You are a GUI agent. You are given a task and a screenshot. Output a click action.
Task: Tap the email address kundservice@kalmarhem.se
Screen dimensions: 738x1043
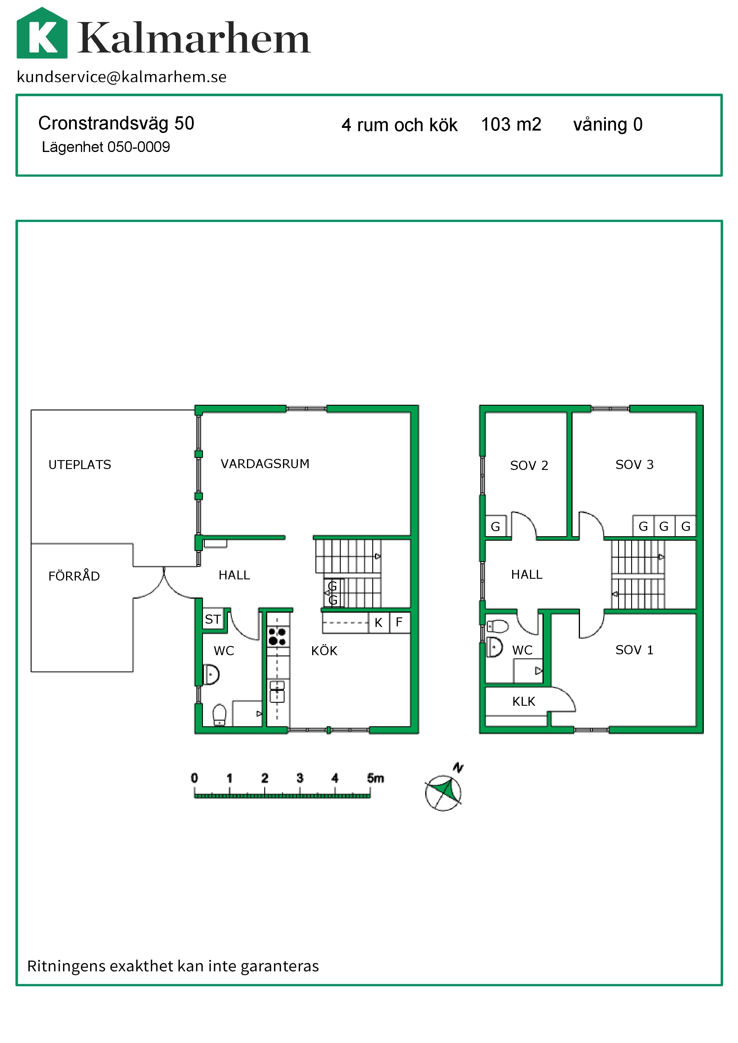coord(121,77)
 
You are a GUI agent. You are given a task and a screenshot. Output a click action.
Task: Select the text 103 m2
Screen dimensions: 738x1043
coord(511,125)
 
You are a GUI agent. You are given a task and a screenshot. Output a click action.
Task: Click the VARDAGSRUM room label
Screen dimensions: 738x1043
coord(265,464)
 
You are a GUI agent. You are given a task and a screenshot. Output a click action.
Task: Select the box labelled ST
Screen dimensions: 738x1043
coord(213,619)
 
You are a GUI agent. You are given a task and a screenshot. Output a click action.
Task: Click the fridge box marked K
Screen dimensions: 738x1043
coord(379,623)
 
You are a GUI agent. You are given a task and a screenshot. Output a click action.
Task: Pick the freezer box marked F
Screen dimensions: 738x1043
coord(399,622)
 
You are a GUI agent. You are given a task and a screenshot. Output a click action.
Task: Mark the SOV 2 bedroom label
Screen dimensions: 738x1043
coord(529,466)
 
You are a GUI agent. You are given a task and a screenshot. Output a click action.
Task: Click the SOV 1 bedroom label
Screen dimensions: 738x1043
coord(634,650)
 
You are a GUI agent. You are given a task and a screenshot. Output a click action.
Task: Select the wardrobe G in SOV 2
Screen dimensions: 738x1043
coord(496,526)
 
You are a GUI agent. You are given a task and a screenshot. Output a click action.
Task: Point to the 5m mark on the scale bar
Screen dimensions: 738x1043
coord(375,778)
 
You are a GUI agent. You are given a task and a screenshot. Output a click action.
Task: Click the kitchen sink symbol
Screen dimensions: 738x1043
coord(278,691)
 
